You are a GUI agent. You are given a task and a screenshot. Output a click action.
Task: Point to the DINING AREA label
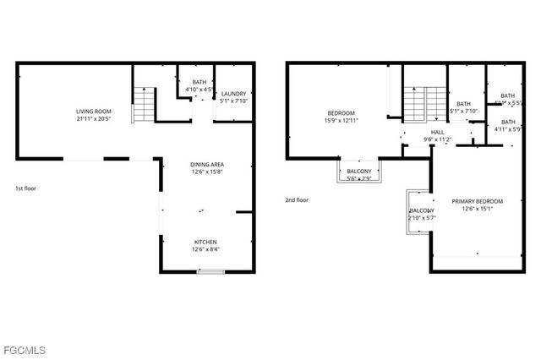(x=206, y=165)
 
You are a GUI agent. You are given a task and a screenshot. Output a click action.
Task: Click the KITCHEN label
(x=206, y=241)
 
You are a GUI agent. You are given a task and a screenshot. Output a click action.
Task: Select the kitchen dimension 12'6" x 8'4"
(x=206, y=249)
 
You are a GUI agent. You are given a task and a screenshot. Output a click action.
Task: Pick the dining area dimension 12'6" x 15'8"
(x=206, y=173)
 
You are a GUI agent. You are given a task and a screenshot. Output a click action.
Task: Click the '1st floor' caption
(x=26, y=188)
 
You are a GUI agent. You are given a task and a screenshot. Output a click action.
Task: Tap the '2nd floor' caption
(x=297, y=200)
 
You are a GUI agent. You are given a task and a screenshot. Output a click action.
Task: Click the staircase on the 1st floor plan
(x=145, y=105)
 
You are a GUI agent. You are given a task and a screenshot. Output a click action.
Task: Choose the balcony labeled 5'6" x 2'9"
(x=359, y=174)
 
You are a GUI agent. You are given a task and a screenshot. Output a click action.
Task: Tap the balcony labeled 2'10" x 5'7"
(x=421, y=214)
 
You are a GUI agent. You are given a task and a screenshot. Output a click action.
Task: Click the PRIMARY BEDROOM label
(x=477, y=201)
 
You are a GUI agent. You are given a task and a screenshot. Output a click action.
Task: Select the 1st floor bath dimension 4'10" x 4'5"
(x=199, y=89)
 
